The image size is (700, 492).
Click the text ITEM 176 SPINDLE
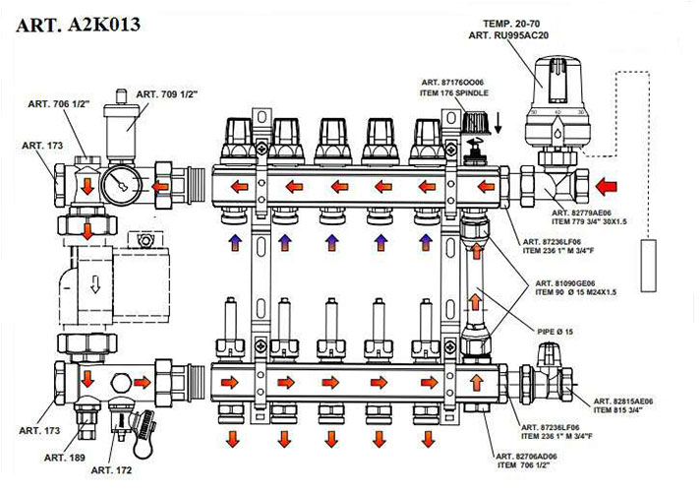(455, 93)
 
